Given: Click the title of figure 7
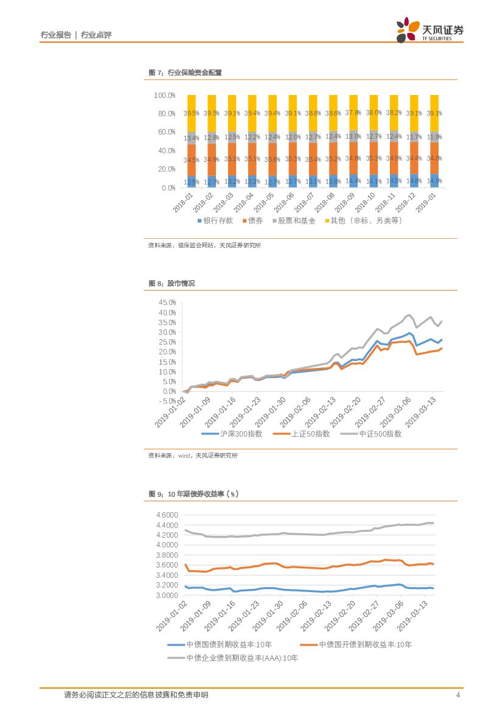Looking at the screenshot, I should [x=185, y=72].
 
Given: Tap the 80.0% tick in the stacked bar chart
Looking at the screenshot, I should [x=165, y=114].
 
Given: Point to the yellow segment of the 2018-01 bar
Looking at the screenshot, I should [x=192, y=113].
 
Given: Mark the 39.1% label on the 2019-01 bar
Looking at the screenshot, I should [x=434, y=113].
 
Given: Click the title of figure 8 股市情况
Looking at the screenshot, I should [x=172, y=284].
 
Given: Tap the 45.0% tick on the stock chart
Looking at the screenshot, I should [x=167, y=303].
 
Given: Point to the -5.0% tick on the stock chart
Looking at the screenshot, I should [x=165, y=401].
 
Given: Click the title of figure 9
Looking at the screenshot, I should [x=193, y=494].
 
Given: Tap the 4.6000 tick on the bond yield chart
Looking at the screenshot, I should [x=167, y=515].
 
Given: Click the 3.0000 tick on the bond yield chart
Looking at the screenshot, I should [x=167, y=595].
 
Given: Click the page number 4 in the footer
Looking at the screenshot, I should [x=458, y=695].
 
